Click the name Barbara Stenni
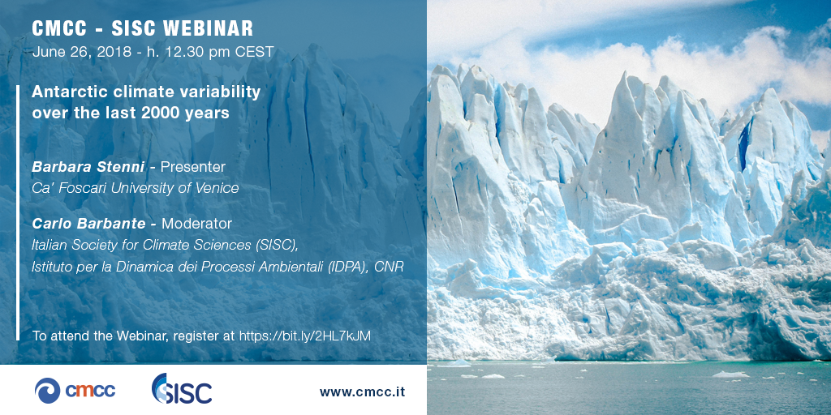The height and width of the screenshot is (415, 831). (x=88, y=167)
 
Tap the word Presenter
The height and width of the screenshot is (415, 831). (x=193, y=167)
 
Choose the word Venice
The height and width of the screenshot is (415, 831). (x=218, y=188)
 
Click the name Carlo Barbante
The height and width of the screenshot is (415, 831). (x=88, y=224)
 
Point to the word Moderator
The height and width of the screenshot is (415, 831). (x=196, y=224)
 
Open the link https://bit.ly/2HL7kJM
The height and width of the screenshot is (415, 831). (x=305, y=336)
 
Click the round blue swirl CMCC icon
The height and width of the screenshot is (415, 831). (x=47, y=391)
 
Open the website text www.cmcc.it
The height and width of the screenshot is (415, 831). (x=362, y=392)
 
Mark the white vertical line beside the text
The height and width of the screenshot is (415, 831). (x=18, y=212)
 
